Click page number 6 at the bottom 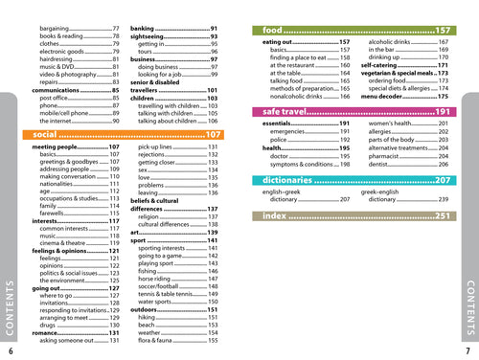tap(11, 351)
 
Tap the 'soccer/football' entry tap(153, 284)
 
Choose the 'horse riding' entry tap(148, 276)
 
